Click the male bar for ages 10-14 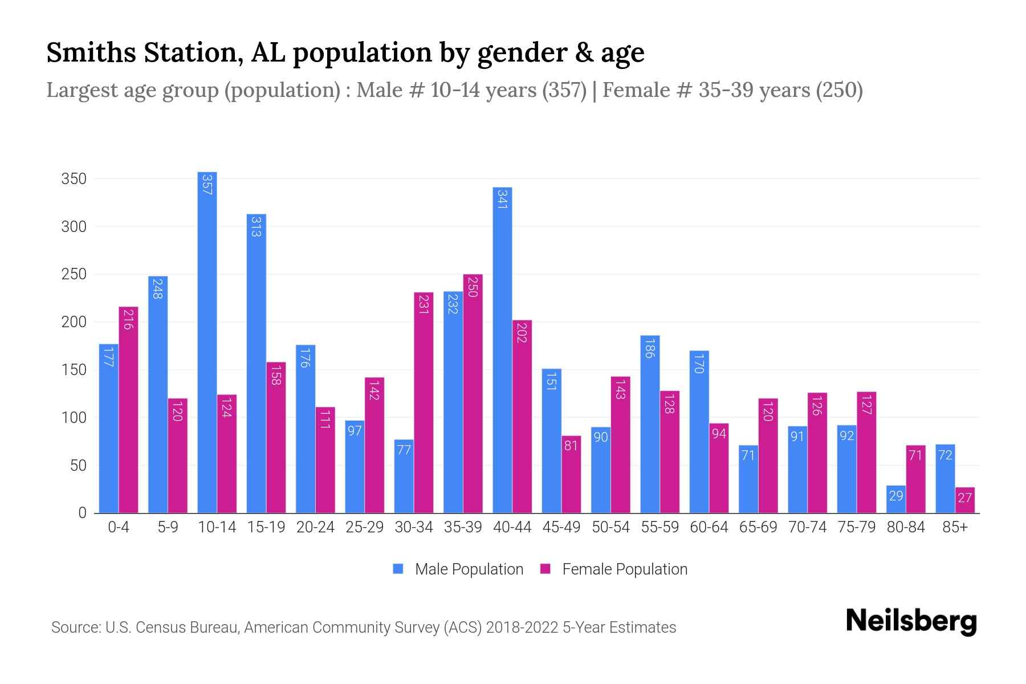(207, 342)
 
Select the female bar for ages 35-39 (473, 393)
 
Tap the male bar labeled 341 (502, 350)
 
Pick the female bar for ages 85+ (964, 500)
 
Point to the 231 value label (424, 304)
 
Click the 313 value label (256, 226)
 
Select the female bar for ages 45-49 (571, 474)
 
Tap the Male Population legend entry (458, 569)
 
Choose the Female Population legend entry (614, 569)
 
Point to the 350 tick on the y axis (74, 179)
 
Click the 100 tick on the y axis (74, 418)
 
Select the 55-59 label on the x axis (659, 527)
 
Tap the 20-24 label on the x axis (315, 527)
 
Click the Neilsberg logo (911, 621)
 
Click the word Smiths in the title (91, 52)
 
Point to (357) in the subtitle (564, 90)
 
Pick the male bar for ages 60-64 (699, 431)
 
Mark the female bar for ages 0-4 (128, 410)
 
